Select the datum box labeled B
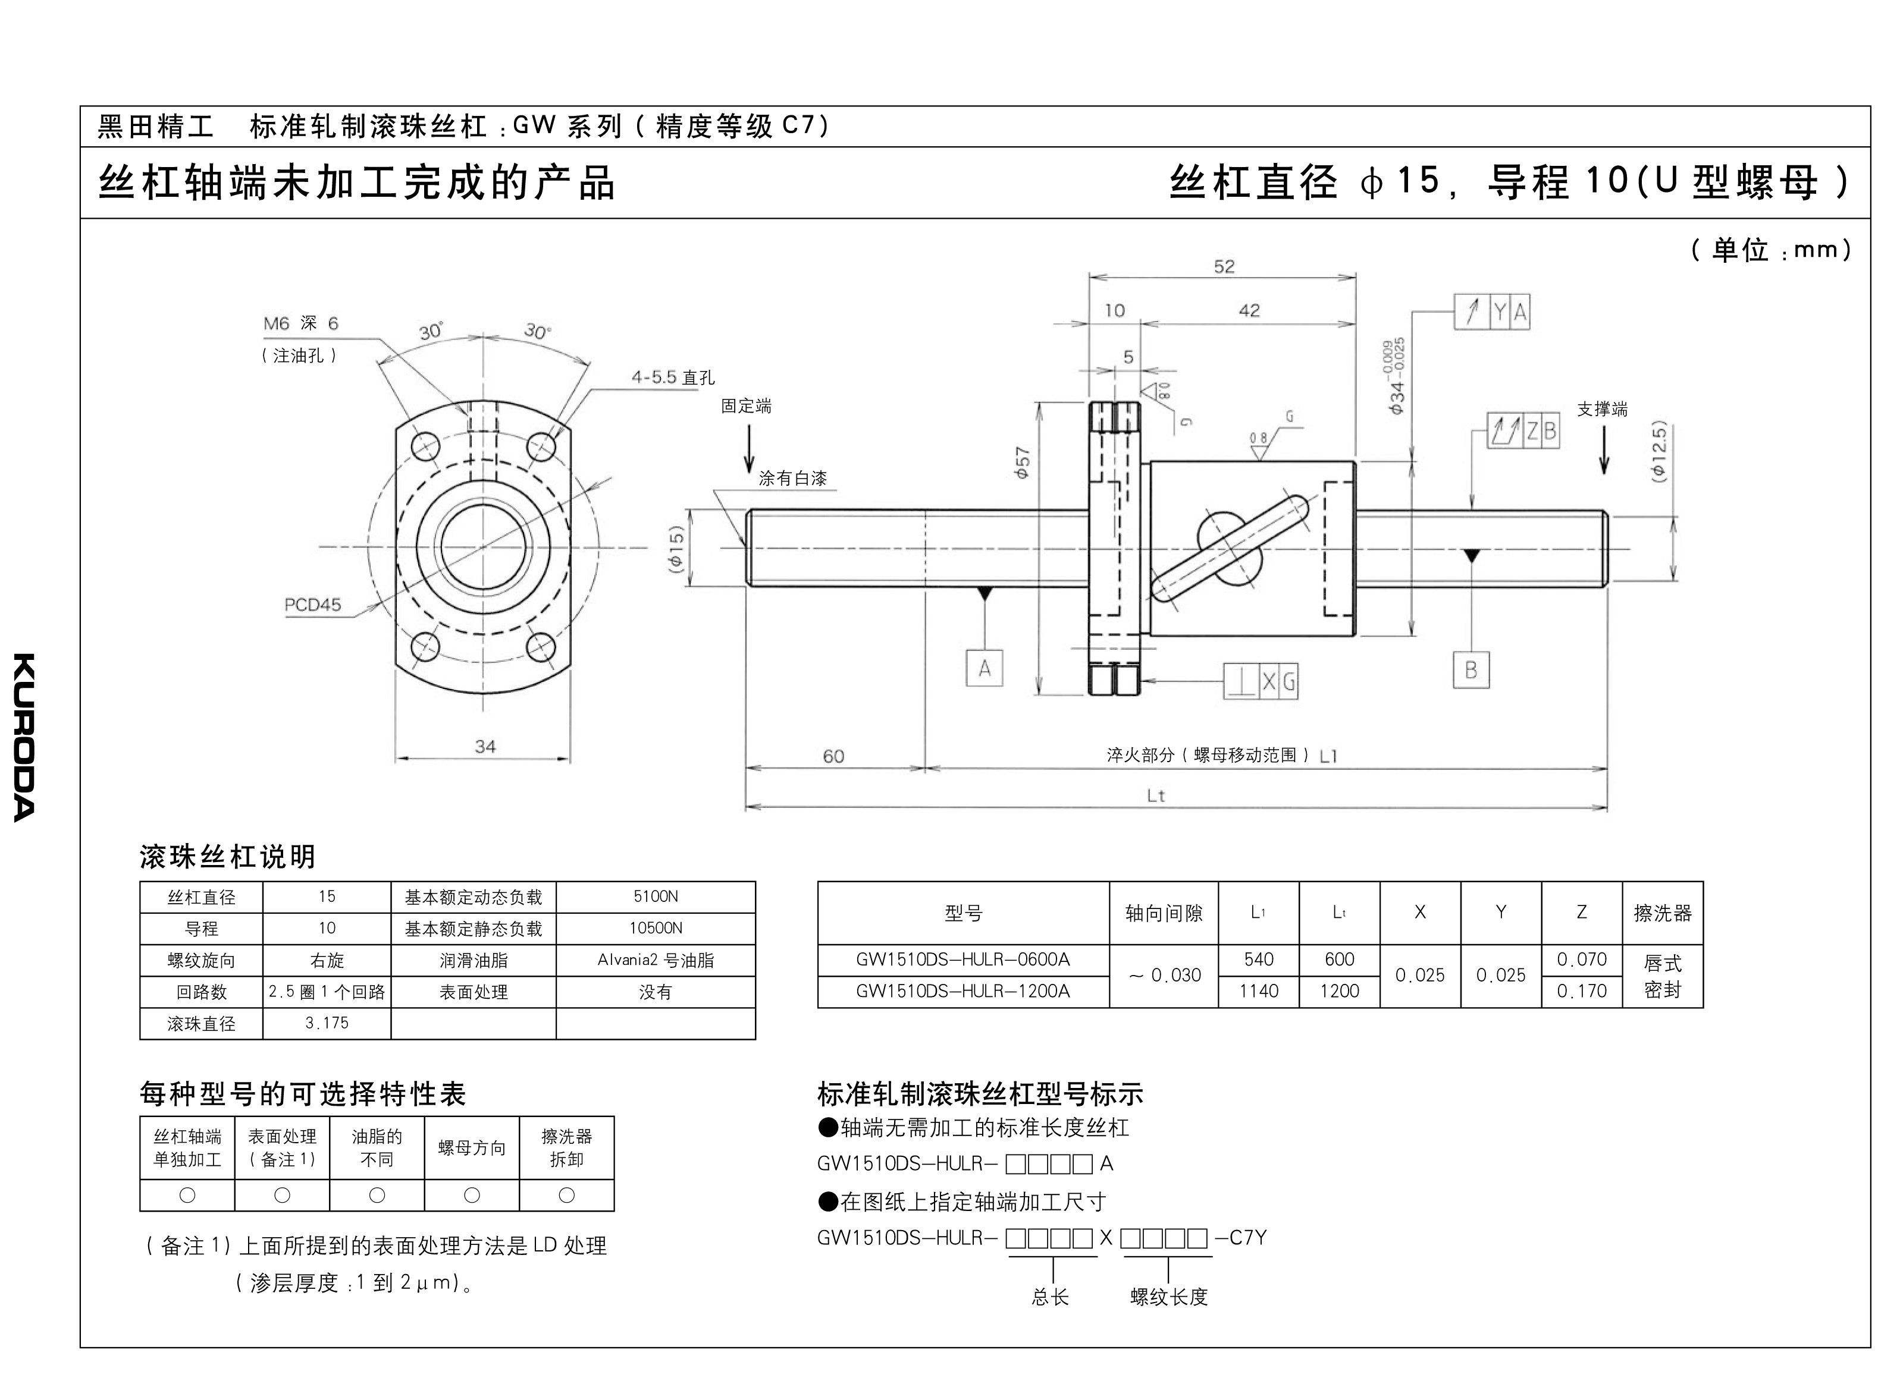[x=1471, y=670]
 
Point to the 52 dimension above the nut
[x=1224, y=266]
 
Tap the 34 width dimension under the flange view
[x=485, y=746]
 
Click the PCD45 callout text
[x=312, y=605]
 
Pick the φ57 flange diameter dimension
[x=1022, y=462]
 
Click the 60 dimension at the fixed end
[x=833, y=756]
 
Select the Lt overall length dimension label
[x=1156, y=795]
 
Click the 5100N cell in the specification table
[x=655, y=897]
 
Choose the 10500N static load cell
[x=655, y=928]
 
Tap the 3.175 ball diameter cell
[x=327, y=1023]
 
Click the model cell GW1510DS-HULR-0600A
[x=962, y=959]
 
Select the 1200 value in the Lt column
[x=1339, y=990]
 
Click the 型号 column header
[x=962, y=913]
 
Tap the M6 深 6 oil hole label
[x=300, y=323]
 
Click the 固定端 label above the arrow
[x=746, y=407]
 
